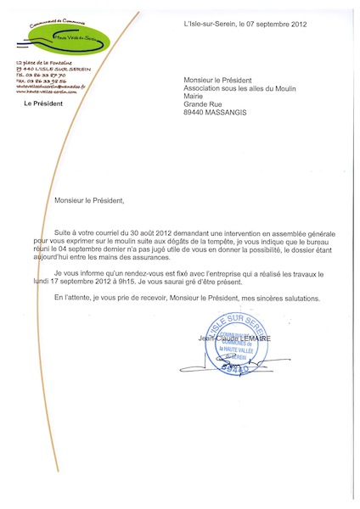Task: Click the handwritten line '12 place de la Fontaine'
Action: (x=45, y=64)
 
